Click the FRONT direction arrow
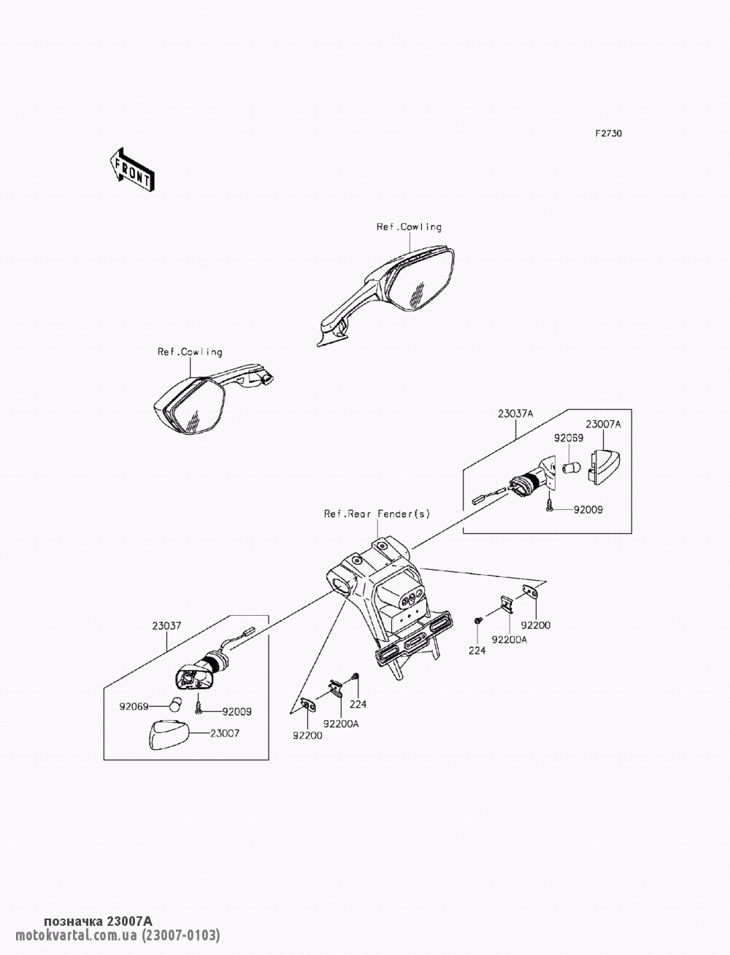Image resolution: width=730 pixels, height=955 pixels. [x=132, y=170]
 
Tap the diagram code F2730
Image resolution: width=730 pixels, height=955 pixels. [x=609, y=134]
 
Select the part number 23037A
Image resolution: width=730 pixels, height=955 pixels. [x=515, y=414]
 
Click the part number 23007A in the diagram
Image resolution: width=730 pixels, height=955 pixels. [x=603, y=424]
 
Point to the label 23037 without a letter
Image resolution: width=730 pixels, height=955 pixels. [x=166, y=626]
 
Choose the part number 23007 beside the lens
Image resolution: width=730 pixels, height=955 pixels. [x=225, y=733]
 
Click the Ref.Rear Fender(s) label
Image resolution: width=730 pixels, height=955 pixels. [x=377, y=514]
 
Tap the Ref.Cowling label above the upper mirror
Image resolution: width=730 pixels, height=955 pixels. [x=410, y=227]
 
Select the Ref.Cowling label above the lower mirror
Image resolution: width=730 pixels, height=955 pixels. [x=190, y=352]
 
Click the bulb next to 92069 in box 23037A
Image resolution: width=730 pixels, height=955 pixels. [x=572, y=468]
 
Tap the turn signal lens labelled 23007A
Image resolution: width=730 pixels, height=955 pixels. [x=604, y=466]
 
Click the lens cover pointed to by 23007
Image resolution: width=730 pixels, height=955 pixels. [x=168, y=735]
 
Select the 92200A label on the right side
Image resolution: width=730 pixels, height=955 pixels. [x=510, y=640]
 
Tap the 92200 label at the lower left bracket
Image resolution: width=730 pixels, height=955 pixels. [x=307, y=735]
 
